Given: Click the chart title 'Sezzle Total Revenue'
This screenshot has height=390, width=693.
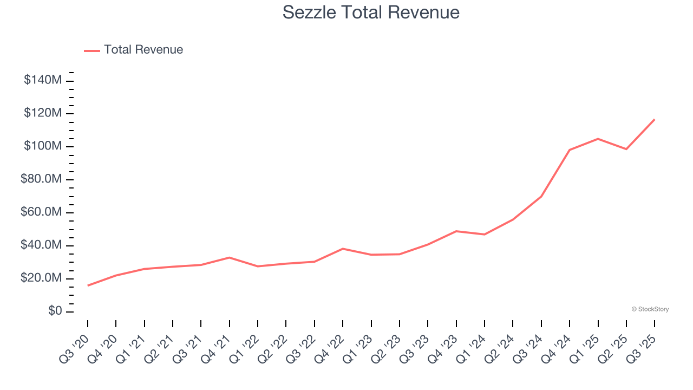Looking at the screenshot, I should (x=371, y=12).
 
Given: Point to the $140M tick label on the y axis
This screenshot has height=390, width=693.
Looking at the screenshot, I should (x=42, y=80).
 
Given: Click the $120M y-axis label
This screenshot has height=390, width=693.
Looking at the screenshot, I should (x=42, y=113).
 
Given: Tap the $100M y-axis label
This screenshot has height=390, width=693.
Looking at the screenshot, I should (x=42, y=146).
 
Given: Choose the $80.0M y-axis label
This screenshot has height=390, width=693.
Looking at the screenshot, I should (x=41, y=179).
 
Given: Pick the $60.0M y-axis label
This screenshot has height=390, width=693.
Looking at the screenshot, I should (x=41, y=212).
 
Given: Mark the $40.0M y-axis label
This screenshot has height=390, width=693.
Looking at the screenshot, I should (x=41, y=245).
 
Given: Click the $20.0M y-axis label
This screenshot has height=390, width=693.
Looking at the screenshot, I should (x=41, y=278).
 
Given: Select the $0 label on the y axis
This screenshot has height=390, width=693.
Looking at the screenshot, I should (x=54, y=311).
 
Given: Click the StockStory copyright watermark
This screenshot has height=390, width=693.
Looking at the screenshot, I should (x=650, y=309).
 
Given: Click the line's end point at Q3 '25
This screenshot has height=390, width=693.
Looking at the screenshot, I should (x=655, y=119).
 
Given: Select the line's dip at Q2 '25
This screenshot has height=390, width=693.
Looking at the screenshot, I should (x=626, y=149).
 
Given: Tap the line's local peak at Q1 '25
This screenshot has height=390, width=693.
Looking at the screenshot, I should (x=598, y=139).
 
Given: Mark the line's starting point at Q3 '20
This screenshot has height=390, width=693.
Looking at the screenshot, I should (x=88, y=285).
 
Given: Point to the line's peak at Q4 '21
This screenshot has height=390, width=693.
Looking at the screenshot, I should (x=230, y=257).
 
